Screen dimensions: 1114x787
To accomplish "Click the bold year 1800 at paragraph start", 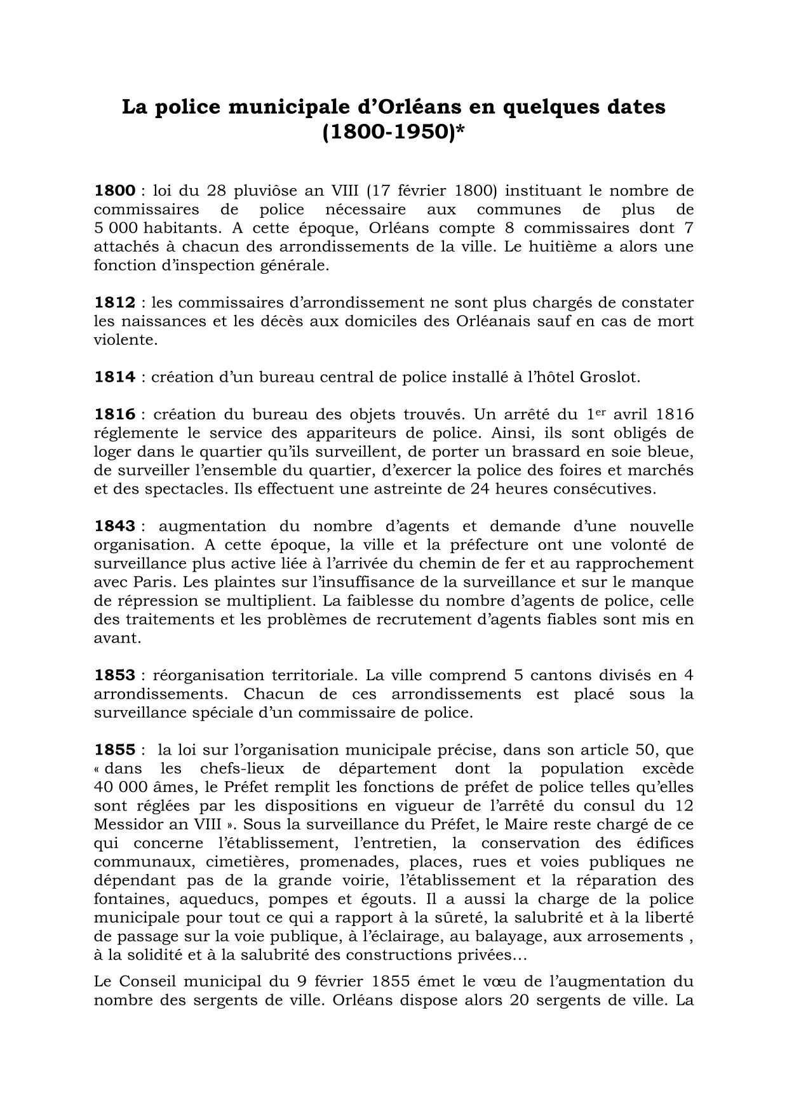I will [x=114, y=191].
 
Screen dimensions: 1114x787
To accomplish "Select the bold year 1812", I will [x=114, y=302].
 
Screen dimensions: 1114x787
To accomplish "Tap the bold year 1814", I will [x=114, y=377].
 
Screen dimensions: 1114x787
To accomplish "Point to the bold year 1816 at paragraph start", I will [x=114, y=414].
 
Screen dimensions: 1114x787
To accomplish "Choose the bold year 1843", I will [x=114, y=526].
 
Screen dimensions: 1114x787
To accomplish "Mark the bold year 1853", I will [x=114, y=675].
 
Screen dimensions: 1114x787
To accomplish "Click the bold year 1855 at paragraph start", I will [x=114, y=749].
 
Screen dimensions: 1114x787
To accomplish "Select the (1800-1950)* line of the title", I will [x=393, y=133].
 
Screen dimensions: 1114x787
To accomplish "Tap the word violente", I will [x=124, y=340].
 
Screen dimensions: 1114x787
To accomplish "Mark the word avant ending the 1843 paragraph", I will [x=116, y=638].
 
